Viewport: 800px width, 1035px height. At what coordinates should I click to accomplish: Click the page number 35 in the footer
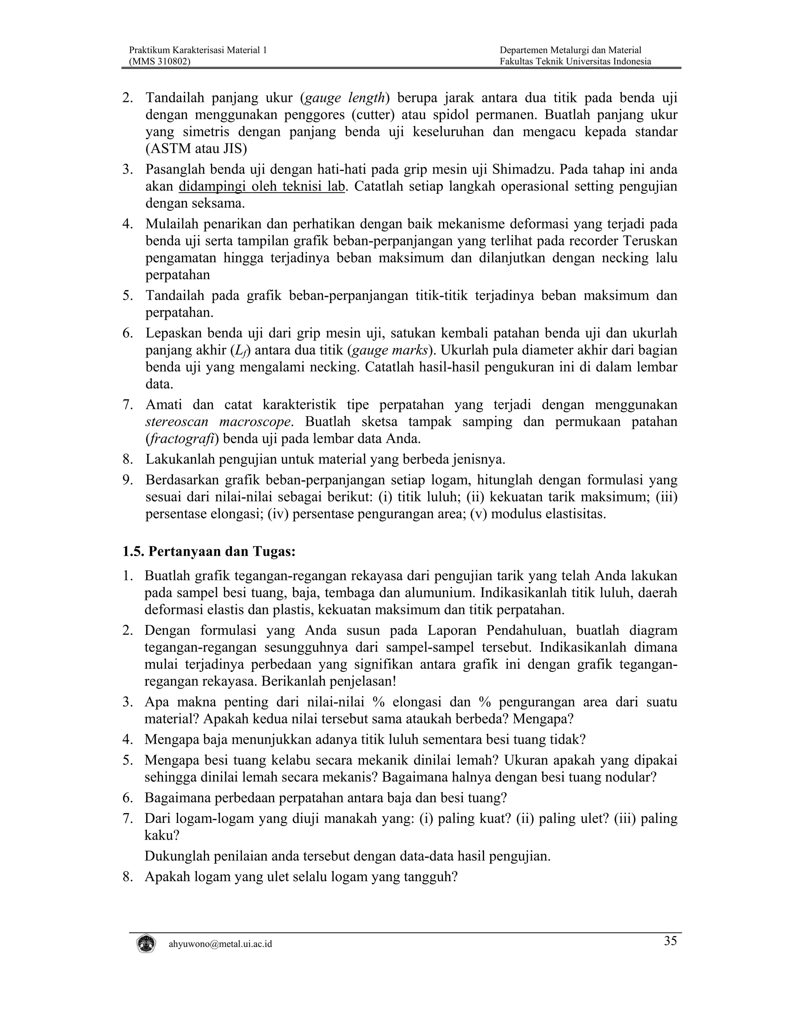coord(670,941)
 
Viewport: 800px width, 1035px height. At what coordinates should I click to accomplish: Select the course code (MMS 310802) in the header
coord(160,61)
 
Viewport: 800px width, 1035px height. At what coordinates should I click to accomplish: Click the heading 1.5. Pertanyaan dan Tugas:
coord(209,551)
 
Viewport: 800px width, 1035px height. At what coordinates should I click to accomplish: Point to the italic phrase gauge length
coord(344,98)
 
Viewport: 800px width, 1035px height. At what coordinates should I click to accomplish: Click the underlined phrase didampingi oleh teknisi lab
coord(262,186)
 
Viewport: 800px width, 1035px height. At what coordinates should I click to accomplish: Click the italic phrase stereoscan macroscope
coord(218,422)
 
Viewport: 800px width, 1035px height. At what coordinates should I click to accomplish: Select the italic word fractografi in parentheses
coord(182,439)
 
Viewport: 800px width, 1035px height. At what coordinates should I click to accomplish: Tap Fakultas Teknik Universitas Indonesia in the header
coord(575,61)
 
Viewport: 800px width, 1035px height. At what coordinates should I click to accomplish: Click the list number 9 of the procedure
coord(127,480)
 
